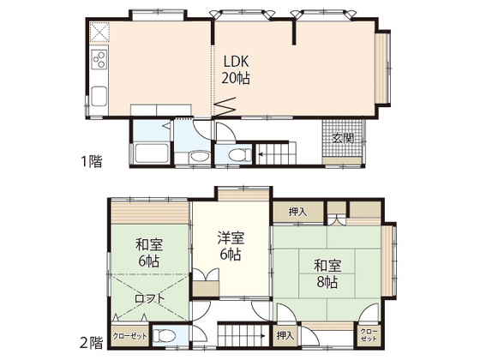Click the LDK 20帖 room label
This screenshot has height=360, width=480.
click(237, 69)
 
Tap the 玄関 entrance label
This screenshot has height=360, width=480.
click(343, 139)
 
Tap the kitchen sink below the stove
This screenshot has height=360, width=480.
click(98, 95)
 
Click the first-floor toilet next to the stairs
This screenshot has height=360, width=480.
click(237, 155)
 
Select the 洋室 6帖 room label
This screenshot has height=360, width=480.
click(229, 247)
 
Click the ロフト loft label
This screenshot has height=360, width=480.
click(144, 298)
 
